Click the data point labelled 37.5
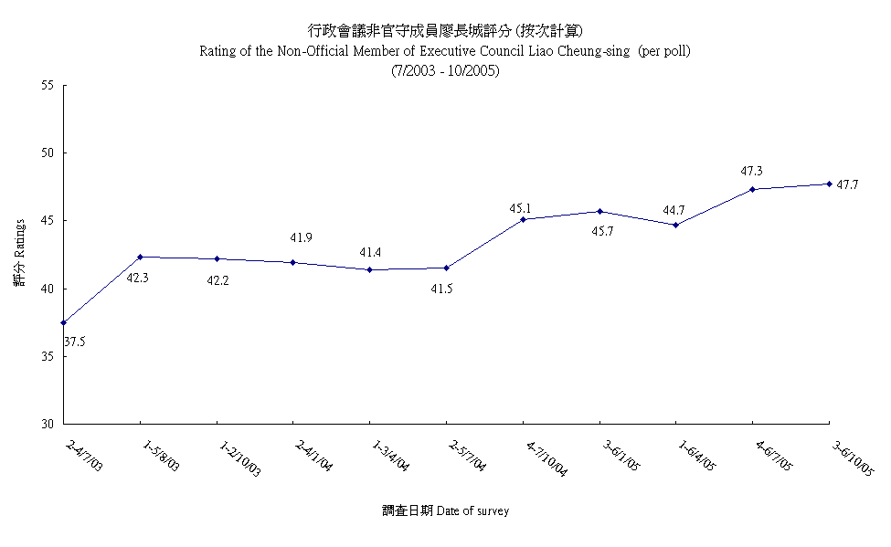[x=63, y=322]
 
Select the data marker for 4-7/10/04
[x=523, y=219]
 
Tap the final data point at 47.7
[x=829, y=184]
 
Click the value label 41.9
[x=302, y=238]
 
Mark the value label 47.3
[x=752, y=171]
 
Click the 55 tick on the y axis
[x=47, y=85]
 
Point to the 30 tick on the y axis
[x=47, y=424]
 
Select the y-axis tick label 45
[x=47, y=220]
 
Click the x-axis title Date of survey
[x=472, y=511]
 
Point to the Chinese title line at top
[x=445, y=31]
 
